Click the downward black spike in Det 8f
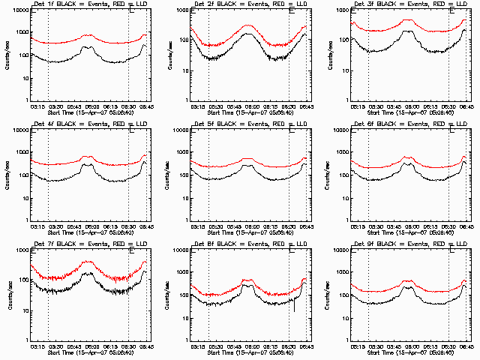(x=295, y=307)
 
